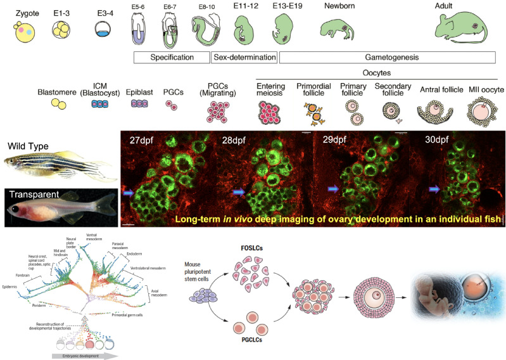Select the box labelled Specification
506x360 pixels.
pyautogui.click(x=172, y=57)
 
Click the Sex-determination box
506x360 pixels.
pyautogui.click(x=244, y=57)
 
